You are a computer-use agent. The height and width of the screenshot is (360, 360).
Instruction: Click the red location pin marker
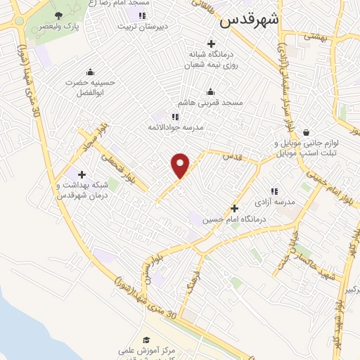(181, 165)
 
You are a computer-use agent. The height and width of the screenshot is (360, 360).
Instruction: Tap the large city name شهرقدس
(249, 20)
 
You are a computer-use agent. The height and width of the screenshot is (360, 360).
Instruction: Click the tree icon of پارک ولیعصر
(58, 15)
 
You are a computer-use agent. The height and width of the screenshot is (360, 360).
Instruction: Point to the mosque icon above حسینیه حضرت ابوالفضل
(90, 72)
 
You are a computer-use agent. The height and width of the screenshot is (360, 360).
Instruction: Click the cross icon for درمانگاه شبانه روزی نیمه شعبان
(211, 44)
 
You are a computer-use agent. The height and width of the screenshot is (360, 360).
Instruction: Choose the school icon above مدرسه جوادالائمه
(175, 117)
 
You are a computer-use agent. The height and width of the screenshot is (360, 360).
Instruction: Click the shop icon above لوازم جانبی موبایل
(306, 132)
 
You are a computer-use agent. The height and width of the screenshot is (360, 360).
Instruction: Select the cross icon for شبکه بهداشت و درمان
(82, 174)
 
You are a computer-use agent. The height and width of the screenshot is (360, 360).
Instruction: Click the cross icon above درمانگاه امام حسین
(235, 208)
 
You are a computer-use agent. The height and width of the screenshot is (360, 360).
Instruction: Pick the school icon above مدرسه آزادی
(274, 191)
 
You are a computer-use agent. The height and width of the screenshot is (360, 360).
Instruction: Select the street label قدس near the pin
(231, 156)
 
